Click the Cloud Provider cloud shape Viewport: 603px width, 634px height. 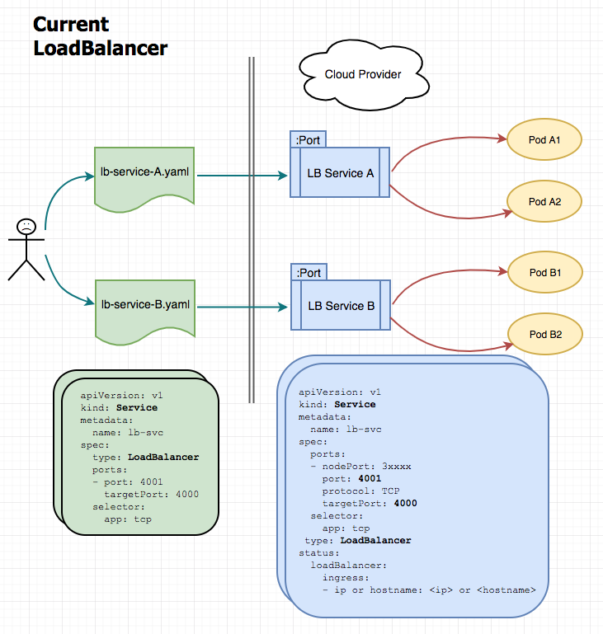(362, 74)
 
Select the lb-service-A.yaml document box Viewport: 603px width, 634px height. (145, 174)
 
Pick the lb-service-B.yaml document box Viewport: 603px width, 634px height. (145, 305)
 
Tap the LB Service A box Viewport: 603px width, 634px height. (341, 173)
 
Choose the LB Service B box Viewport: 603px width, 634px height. (341, 306)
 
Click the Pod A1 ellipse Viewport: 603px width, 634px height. (544, 140)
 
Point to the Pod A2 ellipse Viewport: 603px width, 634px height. (544, 201)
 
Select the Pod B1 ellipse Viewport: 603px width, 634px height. (544, 271)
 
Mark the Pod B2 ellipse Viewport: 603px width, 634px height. (544, 334)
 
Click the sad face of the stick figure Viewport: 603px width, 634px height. (27, 225)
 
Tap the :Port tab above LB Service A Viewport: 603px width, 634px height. (308, 140)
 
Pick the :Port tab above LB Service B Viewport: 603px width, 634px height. (308, 273)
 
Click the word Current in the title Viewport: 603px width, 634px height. (71, 25)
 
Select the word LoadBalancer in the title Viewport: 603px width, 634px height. (100, 48)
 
